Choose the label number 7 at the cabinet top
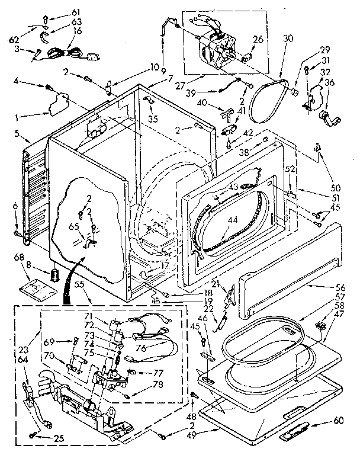click(x=153, y=78)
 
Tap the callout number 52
click(x=290, y=168)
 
